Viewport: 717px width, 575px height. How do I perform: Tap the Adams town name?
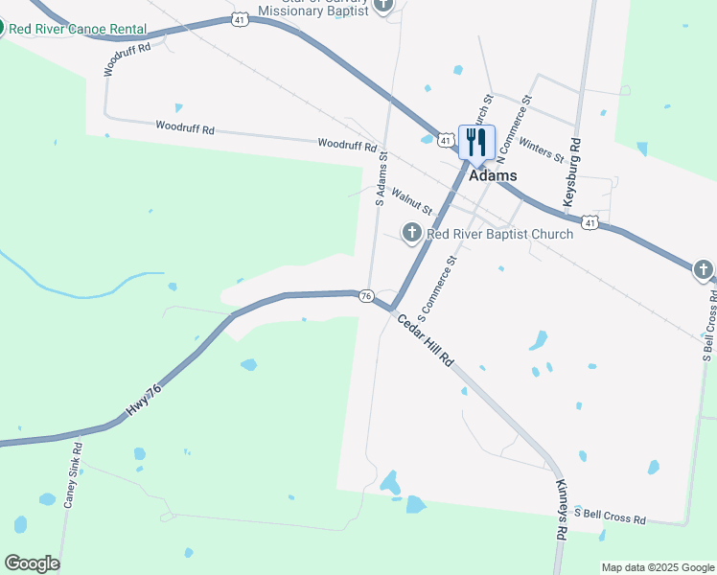click(493, 175)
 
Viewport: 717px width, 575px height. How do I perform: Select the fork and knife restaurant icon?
click(476, 143)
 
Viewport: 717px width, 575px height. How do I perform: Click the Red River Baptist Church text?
click(499, 234)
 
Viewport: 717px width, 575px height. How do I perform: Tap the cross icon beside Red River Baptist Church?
click(411, 232)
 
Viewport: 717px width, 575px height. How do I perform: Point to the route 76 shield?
click(366, 297)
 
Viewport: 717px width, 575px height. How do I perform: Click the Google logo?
click(32, 563)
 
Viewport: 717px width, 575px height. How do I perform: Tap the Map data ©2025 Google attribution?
click(658, 567)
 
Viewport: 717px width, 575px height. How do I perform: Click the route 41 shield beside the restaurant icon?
click(446, 141)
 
